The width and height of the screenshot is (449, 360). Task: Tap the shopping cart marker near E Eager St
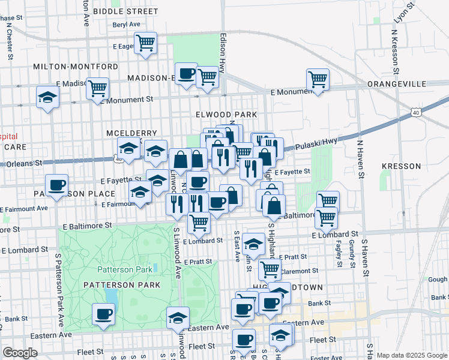pyautogui.click(x=145, y=43)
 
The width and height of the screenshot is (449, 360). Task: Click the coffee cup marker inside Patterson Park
pyautogui.click(x=104, y=314)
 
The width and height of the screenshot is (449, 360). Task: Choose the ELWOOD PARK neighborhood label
pyautogui.click(x=226, y=114)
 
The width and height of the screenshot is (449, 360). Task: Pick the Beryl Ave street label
pyautogui.click(x=126, y=25)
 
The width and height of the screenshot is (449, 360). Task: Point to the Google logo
pyautogui.click(x=20, y=353)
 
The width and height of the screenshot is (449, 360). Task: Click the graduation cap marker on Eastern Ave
pyautogui.click(x=178, y=318)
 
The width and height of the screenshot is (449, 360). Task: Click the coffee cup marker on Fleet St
pyautogui.click(x=244, y=340)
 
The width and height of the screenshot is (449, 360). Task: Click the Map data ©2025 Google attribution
pyautogui.click(x=411, y=355)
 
